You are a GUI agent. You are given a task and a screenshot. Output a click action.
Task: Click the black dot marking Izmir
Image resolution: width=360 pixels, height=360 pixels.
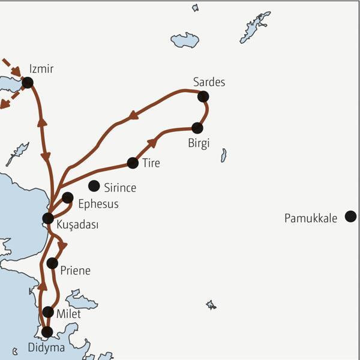click(x=27, y=82)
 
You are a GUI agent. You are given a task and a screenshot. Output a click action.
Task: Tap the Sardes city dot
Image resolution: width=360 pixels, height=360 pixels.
click(x=203, y=96)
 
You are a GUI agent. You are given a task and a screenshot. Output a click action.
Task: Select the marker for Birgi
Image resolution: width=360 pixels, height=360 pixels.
click(x=197, y=128)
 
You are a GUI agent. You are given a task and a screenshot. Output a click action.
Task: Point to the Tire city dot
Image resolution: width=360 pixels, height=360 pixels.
click(x=133, y=163)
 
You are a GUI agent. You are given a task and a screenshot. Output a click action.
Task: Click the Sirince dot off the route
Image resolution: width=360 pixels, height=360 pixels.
click(x=94, y=186)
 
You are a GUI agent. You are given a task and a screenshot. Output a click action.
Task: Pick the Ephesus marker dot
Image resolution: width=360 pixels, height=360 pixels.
click(x=68, y=197)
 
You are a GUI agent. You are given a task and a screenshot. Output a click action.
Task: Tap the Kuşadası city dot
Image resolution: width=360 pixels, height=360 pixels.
click(x=48, y=218)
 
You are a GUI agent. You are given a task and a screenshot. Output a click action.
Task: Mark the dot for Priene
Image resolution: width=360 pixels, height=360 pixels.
click(x=52, y=263)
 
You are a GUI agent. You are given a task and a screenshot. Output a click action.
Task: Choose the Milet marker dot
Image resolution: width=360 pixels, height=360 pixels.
click(x=49, y=311)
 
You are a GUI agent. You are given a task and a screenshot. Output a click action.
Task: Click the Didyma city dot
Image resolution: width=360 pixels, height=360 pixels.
click(x=47, y=332)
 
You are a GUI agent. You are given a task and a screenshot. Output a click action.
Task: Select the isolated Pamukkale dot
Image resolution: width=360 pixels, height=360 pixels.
click(x=351, y=217)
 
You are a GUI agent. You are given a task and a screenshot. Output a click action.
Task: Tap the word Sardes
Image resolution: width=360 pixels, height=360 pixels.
click(x=209, y=82)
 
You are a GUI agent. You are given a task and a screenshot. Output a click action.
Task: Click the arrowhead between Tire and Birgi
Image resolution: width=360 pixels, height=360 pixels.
click(x=154, y=142)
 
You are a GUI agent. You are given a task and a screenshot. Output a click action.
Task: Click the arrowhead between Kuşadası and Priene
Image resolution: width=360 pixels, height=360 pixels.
click(x=62, y=245)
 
